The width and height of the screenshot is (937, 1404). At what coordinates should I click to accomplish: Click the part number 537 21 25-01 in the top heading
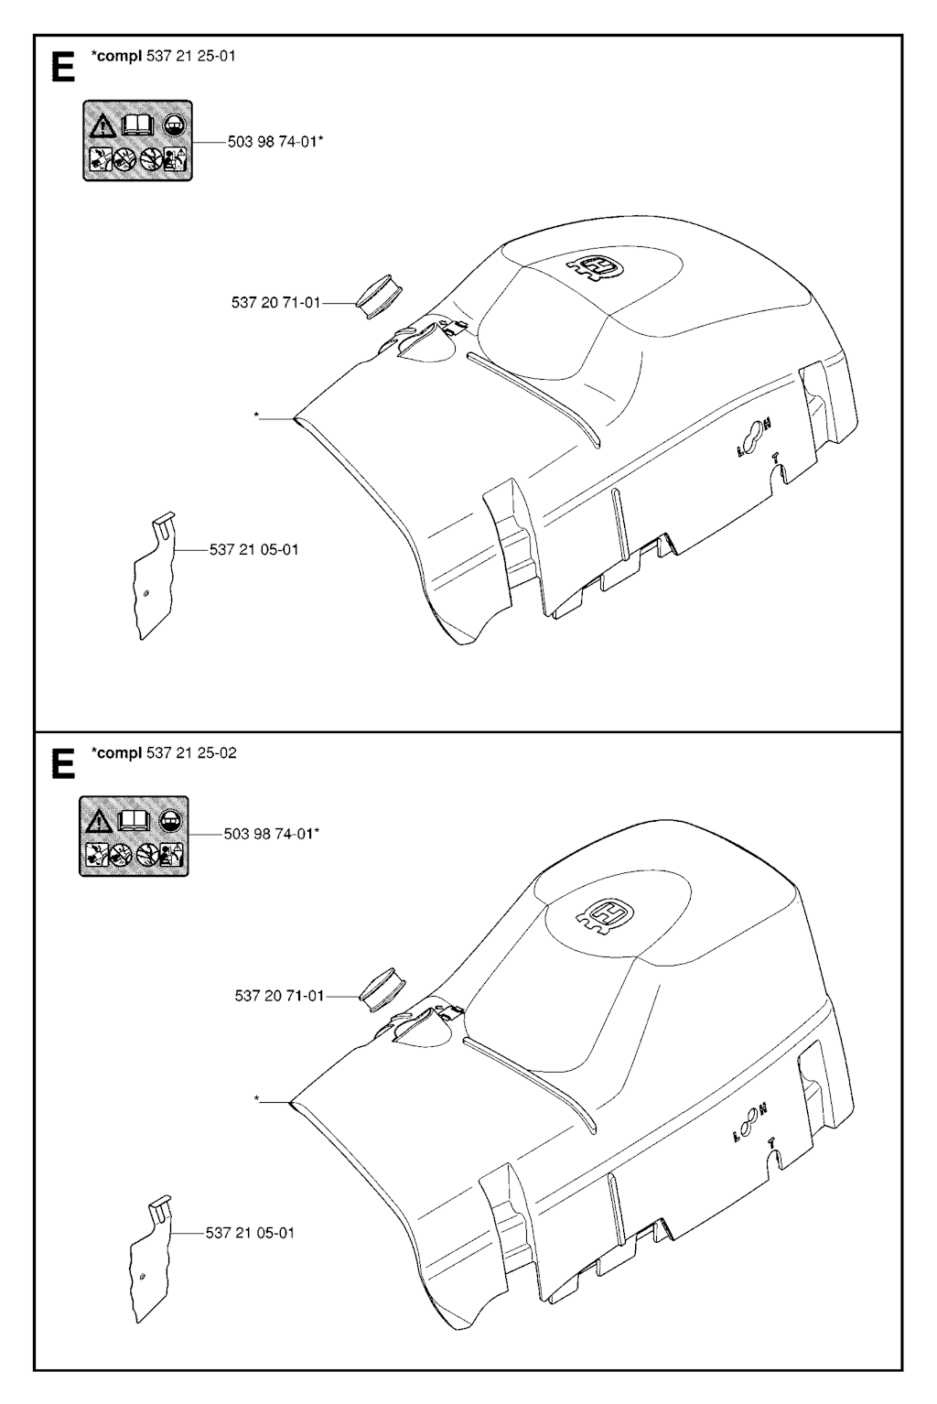(x=190, y=57)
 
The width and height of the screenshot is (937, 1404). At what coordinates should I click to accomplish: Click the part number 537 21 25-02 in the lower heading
(x=191, y=752)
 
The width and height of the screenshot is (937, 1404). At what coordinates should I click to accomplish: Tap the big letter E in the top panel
(x=62, y=67)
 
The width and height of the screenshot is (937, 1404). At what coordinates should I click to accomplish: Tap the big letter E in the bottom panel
(x=62, y=764)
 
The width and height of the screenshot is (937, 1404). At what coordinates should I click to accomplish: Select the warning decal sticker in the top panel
(x=138, y=140)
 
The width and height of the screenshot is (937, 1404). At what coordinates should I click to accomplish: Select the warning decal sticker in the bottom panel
(x=134, y=837)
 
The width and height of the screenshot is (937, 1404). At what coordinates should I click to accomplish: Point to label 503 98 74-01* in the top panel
(x=275, y=142)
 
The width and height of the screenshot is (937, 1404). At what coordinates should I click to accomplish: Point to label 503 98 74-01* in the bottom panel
(x=272, y=834)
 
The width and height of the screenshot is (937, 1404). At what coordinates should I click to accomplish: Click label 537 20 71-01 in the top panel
(x=275, y=303)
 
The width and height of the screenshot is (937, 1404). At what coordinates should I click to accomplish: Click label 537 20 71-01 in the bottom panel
(x=279, y=995)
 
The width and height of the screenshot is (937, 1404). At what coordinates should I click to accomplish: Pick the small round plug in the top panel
(x=379, y=295)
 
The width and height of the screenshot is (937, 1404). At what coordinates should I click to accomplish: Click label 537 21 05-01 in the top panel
(x=253, y=550)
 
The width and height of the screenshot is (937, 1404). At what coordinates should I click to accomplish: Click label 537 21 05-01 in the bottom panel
(x=250, y=1232)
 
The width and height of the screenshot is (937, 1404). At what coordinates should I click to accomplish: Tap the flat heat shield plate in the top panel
(x=155, y=576)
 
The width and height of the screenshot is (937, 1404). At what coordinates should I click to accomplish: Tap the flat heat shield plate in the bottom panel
(x=151, y=1258)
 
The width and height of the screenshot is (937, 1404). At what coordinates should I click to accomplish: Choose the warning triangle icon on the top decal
(x=102, y=126)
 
